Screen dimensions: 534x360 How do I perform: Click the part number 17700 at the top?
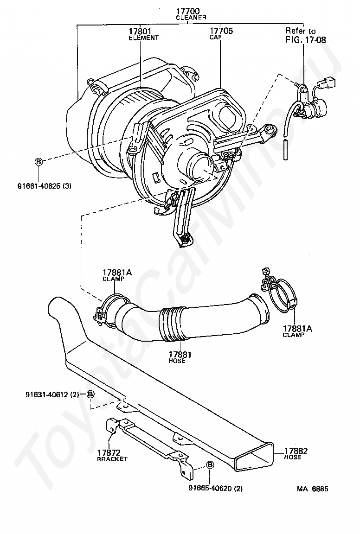coord(190,11)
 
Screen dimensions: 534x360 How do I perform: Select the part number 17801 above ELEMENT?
coord(140,31)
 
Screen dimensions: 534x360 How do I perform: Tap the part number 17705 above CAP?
coord(221,31)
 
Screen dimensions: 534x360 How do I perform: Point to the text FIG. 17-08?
coord(305,40)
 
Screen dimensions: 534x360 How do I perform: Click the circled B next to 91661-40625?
coord(39,162)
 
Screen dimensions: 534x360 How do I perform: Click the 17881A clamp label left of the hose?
coord(117,273)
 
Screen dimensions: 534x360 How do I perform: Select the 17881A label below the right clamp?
coord(297,329)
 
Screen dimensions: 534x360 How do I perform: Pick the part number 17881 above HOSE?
coord(177,355)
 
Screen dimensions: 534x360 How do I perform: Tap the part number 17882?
coord(296,451)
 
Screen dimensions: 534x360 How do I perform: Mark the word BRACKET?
coord(112,459)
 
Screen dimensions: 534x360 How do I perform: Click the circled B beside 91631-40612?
coord(90,394)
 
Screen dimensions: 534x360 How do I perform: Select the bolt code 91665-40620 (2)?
coord(215,488)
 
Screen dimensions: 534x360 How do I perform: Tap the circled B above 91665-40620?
coord(210,465)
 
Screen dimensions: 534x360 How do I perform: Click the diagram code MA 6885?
coord(313,488)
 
